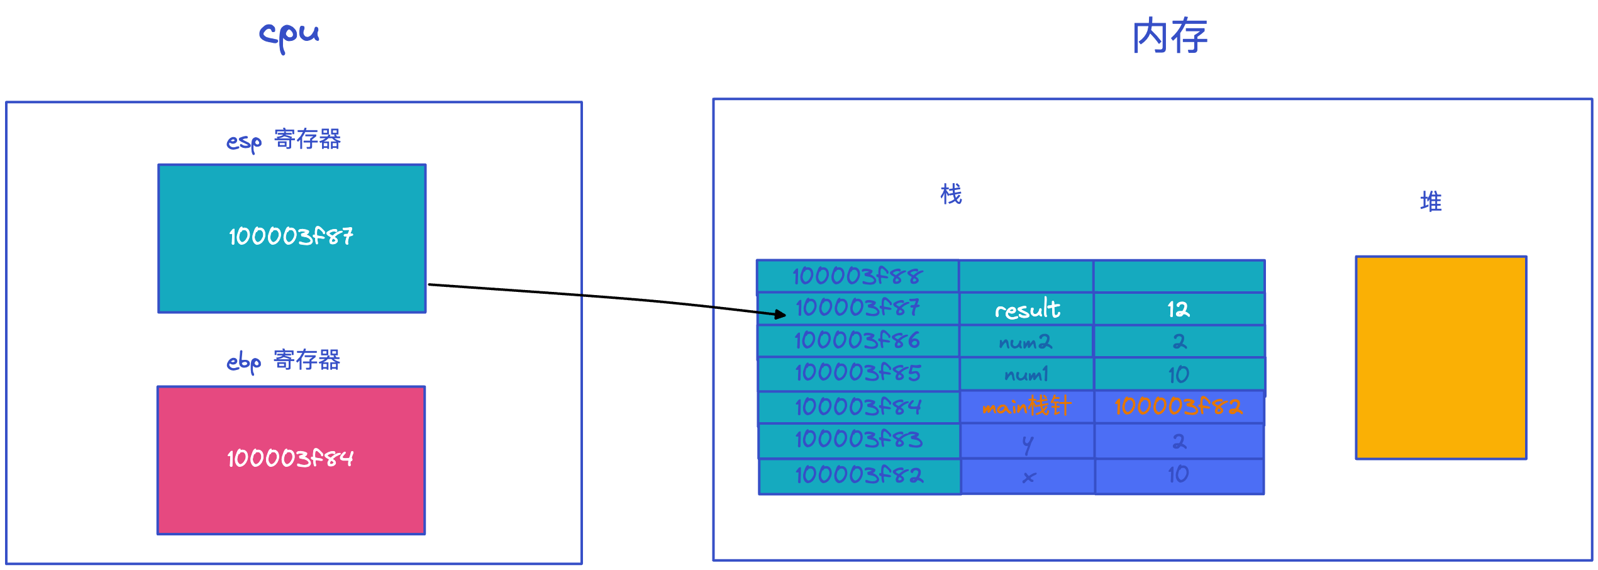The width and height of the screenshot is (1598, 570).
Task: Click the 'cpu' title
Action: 289,36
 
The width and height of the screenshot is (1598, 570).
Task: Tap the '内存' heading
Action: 1170,36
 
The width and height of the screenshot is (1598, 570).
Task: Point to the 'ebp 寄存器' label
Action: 284,361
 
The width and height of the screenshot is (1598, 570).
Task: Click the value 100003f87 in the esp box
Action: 291,237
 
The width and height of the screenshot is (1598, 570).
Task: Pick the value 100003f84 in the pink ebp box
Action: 291,458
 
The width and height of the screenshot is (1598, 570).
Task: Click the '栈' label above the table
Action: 951,194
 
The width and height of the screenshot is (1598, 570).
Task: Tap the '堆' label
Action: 1431,202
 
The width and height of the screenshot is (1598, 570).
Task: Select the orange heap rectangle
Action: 1441,357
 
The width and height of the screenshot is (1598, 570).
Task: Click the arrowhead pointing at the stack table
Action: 781,314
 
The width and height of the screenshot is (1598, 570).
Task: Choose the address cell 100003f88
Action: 858,276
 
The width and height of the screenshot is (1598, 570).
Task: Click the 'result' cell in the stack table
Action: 1026,309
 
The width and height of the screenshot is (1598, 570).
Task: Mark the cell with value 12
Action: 1179,309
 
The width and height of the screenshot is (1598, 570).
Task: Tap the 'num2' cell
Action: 1026,342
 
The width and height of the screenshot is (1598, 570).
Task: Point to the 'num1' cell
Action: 1027,374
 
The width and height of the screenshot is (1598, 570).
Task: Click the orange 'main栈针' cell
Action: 1027,407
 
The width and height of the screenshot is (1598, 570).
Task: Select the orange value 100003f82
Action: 1179,407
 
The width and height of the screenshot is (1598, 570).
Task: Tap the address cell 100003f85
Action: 858,374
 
